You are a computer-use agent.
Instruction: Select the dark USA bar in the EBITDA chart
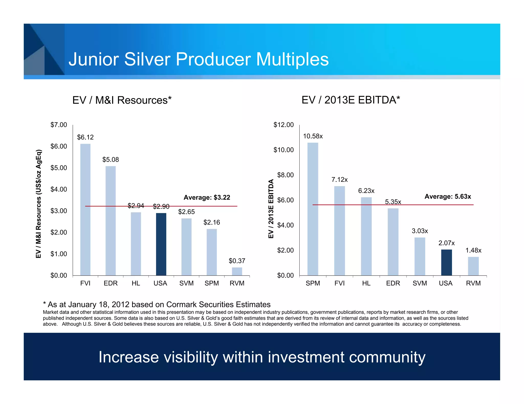pyautogui.click(x=446, y=262)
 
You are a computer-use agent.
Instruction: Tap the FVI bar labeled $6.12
pyautogui.click(x=85, y=209)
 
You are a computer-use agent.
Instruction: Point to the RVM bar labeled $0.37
pyautogui.click(x=237, y=271)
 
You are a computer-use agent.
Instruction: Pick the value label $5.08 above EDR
pyautogui.click(x=111, y=160)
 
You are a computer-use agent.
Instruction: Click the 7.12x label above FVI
pyautogui.click(x=340, y=180)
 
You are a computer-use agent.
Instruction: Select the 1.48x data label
pyautogui.click(x=473, y=250)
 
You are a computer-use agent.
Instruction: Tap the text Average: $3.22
pyautogui.click(x=207, y=197)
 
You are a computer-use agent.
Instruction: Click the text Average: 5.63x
pyautogui.click(x=447, y=196)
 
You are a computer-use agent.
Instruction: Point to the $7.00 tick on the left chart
pyautogui.click(x=59, y=125)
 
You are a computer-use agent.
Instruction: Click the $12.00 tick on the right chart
pyautogui.click(x=283, y=125)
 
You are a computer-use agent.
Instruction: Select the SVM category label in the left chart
pyautogui.click(x=186, y=283)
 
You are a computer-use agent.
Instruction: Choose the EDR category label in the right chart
pyautogui.click(x=393, y=283)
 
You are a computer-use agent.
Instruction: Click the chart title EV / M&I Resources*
pyautogui.click(x=122, y=100)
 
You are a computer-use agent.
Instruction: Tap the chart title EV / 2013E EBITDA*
pyautogui.click(x=351, y=100)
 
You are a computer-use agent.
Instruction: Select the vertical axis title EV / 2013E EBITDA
pyautogui.click(x=271, y=209)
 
